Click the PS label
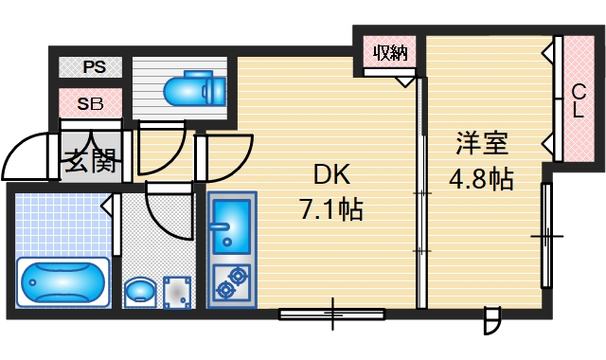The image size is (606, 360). pyautogui.click(x=93, y=67)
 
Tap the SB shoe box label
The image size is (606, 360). pyautogui.click(x=91, y=101)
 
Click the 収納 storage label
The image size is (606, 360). pyautogui.click(x=389, y=52)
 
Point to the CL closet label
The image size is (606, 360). pyautogui.click(x=578, y=100)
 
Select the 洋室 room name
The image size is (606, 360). pyautogui.click(x=482, y=145)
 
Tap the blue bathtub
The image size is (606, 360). pyautogui.click(x=62, y=281)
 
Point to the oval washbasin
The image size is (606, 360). pyautogui.click(x=140, y=290)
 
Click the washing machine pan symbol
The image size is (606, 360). pyautogui.click(x=178, y=290)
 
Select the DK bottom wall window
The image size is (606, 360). pyautogui.click(x=332, y=312)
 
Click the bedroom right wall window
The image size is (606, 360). pyautogui.click(x=546, y=235)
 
